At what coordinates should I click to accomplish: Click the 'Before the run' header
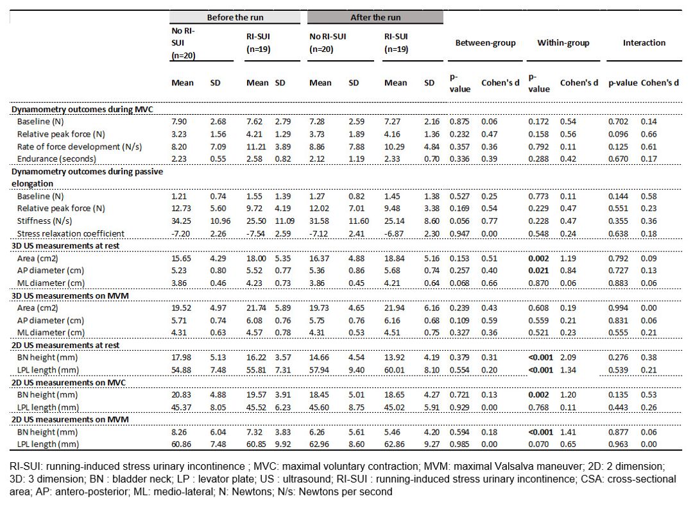pos(235,18)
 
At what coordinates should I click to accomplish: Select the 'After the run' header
pos(375,18)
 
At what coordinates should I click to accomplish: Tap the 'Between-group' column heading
pos(485,43)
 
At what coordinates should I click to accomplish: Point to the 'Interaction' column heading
pos(644,43)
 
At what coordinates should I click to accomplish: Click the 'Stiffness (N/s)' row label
pos(44,221)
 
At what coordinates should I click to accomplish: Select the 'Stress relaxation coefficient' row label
pos(71,233)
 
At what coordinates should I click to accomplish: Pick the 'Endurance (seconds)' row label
pos(56,159)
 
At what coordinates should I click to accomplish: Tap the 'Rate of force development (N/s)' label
pos(80,147)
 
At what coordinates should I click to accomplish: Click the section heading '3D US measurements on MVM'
pos(71,296)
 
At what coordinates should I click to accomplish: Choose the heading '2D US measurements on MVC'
pos(69,383)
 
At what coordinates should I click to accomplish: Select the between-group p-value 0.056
pos(459,221)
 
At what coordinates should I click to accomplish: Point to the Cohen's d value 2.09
pos(569,358)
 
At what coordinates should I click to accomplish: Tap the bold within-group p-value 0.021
pos(538,271)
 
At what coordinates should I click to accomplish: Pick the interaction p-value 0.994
pos(619,308)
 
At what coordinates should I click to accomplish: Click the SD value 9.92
pos(283,444)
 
